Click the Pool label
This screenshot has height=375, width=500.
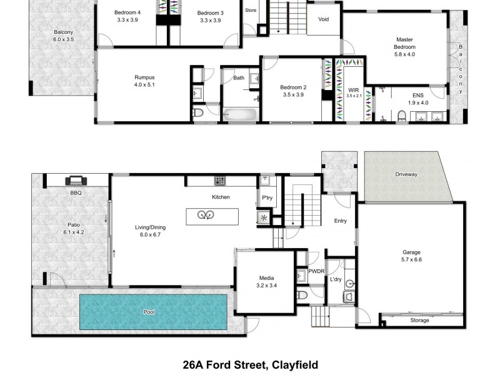[x=149, y=312]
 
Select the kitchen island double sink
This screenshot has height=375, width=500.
[x=206, y=216]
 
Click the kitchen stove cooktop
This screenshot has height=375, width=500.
[x=220, y=181]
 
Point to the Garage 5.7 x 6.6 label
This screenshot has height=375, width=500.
[x=412, y=256]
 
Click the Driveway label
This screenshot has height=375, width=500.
[x=406, y=174]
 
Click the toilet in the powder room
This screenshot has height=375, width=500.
[x=302, y=294]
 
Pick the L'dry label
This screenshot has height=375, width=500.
[x=336, y=279]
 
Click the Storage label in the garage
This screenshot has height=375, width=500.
[x=419, y=321]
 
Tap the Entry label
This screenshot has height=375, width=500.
[x=340, y=221]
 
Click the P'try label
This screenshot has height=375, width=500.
[x=267, y=198]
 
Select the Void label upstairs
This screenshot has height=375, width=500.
[x=323, y=19]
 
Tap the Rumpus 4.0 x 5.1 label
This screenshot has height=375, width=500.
[x=144, y=81]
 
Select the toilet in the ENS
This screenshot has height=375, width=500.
[x=402, y=115]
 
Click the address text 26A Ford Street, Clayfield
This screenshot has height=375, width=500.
[x=250, y=364]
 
